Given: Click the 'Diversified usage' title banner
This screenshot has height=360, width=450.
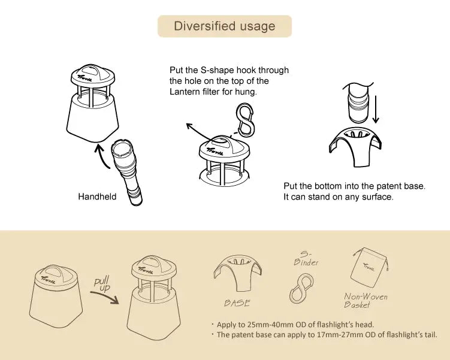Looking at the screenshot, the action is tap(225, 26).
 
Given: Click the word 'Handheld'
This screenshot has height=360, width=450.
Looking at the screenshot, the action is tap(97, 196).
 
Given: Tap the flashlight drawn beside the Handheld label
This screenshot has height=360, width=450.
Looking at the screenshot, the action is tap(126, 171).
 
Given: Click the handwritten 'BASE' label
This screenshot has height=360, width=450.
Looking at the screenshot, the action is tap(237, 303).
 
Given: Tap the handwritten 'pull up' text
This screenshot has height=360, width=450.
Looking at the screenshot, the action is tap(102, 284).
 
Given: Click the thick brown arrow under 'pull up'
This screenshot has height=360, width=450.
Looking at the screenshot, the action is tap(105, 297).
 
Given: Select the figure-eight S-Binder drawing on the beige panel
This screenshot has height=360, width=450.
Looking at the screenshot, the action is tap(300, 288).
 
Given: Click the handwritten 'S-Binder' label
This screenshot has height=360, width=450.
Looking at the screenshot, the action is tap(306, 259).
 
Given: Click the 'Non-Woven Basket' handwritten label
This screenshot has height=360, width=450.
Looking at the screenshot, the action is tap(366, 300).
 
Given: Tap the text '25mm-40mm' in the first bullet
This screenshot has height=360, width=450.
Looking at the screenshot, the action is tap(259, 325).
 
